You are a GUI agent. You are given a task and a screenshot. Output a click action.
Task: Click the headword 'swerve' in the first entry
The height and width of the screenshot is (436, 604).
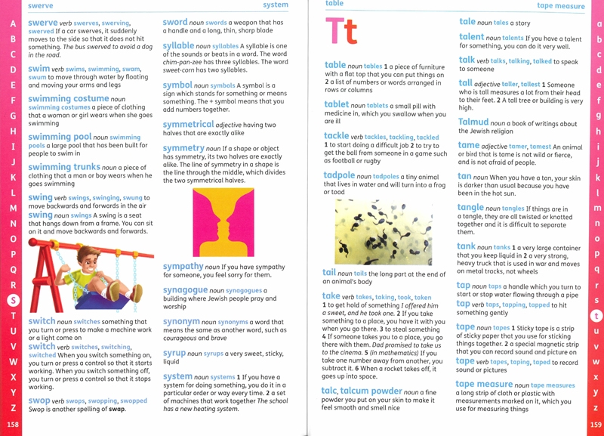[44, 23]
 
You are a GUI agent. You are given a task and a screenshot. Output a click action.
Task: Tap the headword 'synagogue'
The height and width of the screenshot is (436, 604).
[184, 290]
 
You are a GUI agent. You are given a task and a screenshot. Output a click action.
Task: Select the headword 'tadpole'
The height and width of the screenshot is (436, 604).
[345, 175]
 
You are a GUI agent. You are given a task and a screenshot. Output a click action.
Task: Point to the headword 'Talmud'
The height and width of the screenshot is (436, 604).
[473, 122]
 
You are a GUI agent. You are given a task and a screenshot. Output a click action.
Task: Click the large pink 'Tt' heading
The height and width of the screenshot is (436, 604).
[341, 32]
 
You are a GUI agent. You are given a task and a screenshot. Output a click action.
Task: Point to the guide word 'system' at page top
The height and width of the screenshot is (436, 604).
[276, 5]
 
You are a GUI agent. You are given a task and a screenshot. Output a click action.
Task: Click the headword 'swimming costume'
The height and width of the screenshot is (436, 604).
[68, 99]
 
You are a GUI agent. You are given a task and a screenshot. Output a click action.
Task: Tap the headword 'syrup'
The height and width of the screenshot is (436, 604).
[174, 353]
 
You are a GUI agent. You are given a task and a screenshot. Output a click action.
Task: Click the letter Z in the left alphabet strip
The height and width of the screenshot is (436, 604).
[12, 407]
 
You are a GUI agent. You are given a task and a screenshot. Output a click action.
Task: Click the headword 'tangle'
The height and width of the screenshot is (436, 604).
[470, 207]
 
